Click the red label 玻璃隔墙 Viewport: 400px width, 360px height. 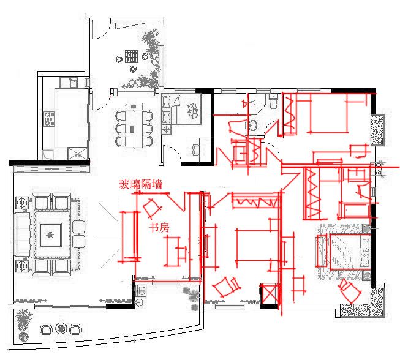(140, 184)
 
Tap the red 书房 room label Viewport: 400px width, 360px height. (159, 227)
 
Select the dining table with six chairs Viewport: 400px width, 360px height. (134, 126)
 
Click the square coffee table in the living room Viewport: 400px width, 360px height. (51, 234)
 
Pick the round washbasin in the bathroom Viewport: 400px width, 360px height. (253, 126)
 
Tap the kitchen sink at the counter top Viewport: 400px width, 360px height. (69, 83)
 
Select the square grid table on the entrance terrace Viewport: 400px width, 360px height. (132, 56)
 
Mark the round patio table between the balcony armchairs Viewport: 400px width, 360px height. (61, 329)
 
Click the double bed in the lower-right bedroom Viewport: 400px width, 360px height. (349, 252)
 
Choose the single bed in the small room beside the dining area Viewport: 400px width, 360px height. (182, 109)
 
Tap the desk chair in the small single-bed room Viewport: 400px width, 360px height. (196, 149)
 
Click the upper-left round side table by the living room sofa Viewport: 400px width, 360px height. (22, 203)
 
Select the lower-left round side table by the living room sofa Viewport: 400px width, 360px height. (22, 266)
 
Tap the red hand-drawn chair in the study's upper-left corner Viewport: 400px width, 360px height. (153, 208)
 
